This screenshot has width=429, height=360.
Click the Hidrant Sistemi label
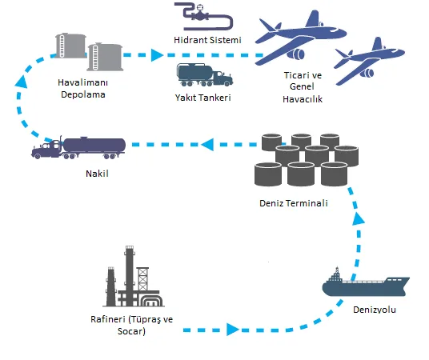(207, 40)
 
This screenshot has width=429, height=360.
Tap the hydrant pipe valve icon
(204, 17)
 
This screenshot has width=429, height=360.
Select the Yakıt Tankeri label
(203, 98)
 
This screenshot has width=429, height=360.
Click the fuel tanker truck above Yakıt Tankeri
(205, 75)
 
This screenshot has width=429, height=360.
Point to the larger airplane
(300, 38)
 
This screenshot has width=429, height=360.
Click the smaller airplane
(369, 62)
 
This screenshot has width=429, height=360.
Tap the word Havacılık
(303, 99)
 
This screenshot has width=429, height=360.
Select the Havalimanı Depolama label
(82, 88)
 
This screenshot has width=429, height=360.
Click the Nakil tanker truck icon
(78, 148)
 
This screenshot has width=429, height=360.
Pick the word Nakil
(97, 174)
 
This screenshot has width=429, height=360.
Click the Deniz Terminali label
(294, 203)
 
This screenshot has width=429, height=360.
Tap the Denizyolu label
(375, 310)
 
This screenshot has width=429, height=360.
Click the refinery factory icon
(134, 276)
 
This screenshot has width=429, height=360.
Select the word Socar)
(131, 331)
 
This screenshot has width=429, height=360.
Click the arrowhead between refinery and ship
(233, 330)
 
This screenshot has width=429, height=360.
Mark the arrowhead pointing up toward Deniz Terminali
(358, 218)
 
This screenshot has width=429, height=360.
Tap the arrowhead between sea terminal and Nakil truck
(207, 144)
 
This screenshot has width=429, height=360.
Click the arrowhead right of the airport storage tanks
(157, 55)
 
